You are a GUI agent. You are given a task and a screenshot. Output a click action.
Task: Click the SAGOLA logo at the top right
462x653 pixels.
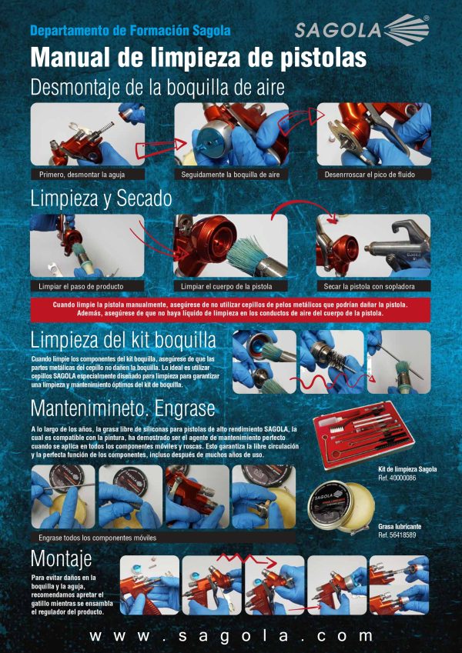point(361,31)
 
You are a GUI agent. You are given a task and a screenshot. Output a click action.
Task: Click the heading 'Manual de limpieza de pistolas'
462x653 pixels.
point(198,58)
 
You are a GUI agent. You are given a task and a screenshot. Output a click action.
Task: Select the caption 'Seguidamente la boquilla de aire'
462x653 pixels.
point(230,175)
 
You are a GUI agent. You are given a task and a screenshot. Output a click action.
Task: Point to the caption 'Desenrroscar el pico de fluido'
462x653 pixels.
point(375,175)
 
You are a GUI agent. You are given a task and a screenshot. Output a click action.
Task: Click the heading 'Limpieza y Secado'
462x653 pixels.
point(101,198)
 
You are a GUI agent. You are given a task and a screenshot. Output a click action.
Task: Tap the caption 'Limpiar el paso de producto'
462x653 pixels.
point(81,286)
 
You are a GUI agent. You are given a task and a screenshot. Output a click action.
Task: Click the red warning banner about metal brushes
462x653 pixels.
point(230,309)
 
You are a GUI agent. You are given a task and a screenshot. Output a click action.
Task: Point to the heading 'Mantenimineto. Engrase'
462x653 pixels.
point(122,407)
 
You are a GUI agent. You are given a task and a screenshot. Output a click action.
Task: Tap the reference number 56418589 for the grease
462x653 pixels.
point(397,535)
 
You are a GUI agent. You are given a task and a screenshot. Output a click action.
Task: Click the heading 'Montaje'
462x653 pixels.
point(61,557)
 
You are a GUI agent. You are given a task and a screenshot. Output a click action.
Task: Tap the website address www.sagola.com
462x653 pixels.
point(231,636)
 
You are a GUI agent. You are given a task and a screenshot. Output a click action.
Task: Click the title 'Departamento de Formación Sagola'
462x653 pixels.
point(130,31)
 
